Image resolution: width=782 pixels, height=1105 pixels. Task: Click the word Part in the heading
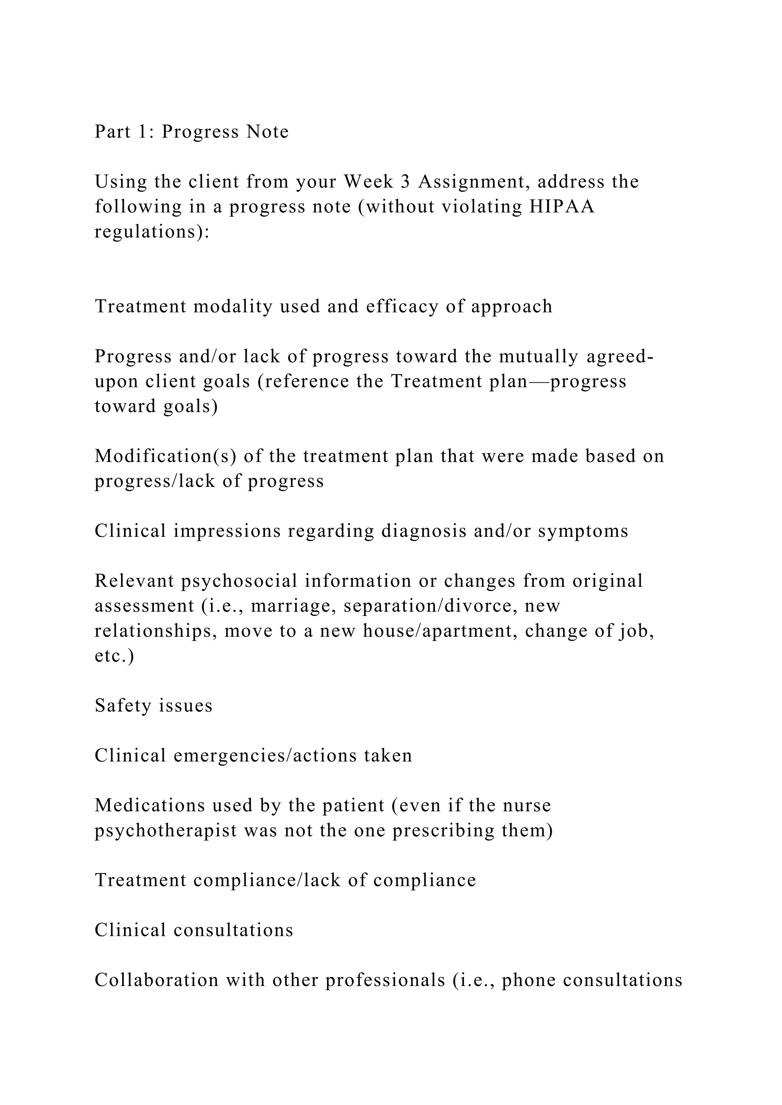click(113, 132)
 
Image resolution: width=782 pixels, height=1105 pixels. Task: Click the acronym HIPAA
click(562, 207)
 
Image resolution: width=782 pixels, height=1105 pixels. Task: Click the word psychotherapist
click(166, 831)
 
